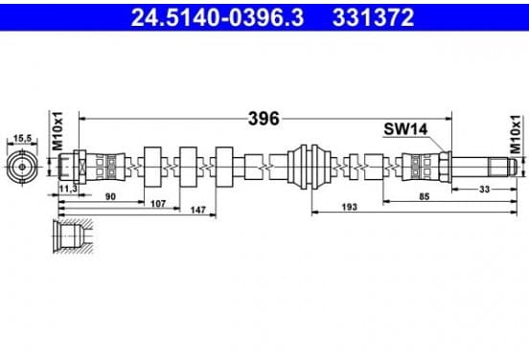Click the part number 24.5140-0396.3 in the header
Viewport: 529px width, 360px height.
tap(218, 17)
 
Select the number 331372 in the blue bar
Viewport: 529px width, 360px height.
tap(373, 17)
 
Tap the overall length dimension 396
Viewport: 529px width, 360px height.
tap(264, 119)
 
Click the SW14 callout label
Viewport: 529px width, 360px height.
tap(405, 128)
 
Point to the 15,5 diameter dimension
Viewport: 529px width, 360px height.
tap(22, 138)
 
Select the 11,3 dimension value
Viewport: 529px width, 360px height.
tap(68, 189)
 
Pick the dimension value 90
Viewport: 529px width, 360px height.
tap(110, 196)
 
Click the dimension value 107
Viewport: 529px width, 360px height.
tap(158, 204)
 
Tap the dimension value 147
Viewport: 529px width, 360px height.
tap(198, 210)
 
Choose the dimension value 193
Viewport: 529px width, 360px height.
tap(349, 207)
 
